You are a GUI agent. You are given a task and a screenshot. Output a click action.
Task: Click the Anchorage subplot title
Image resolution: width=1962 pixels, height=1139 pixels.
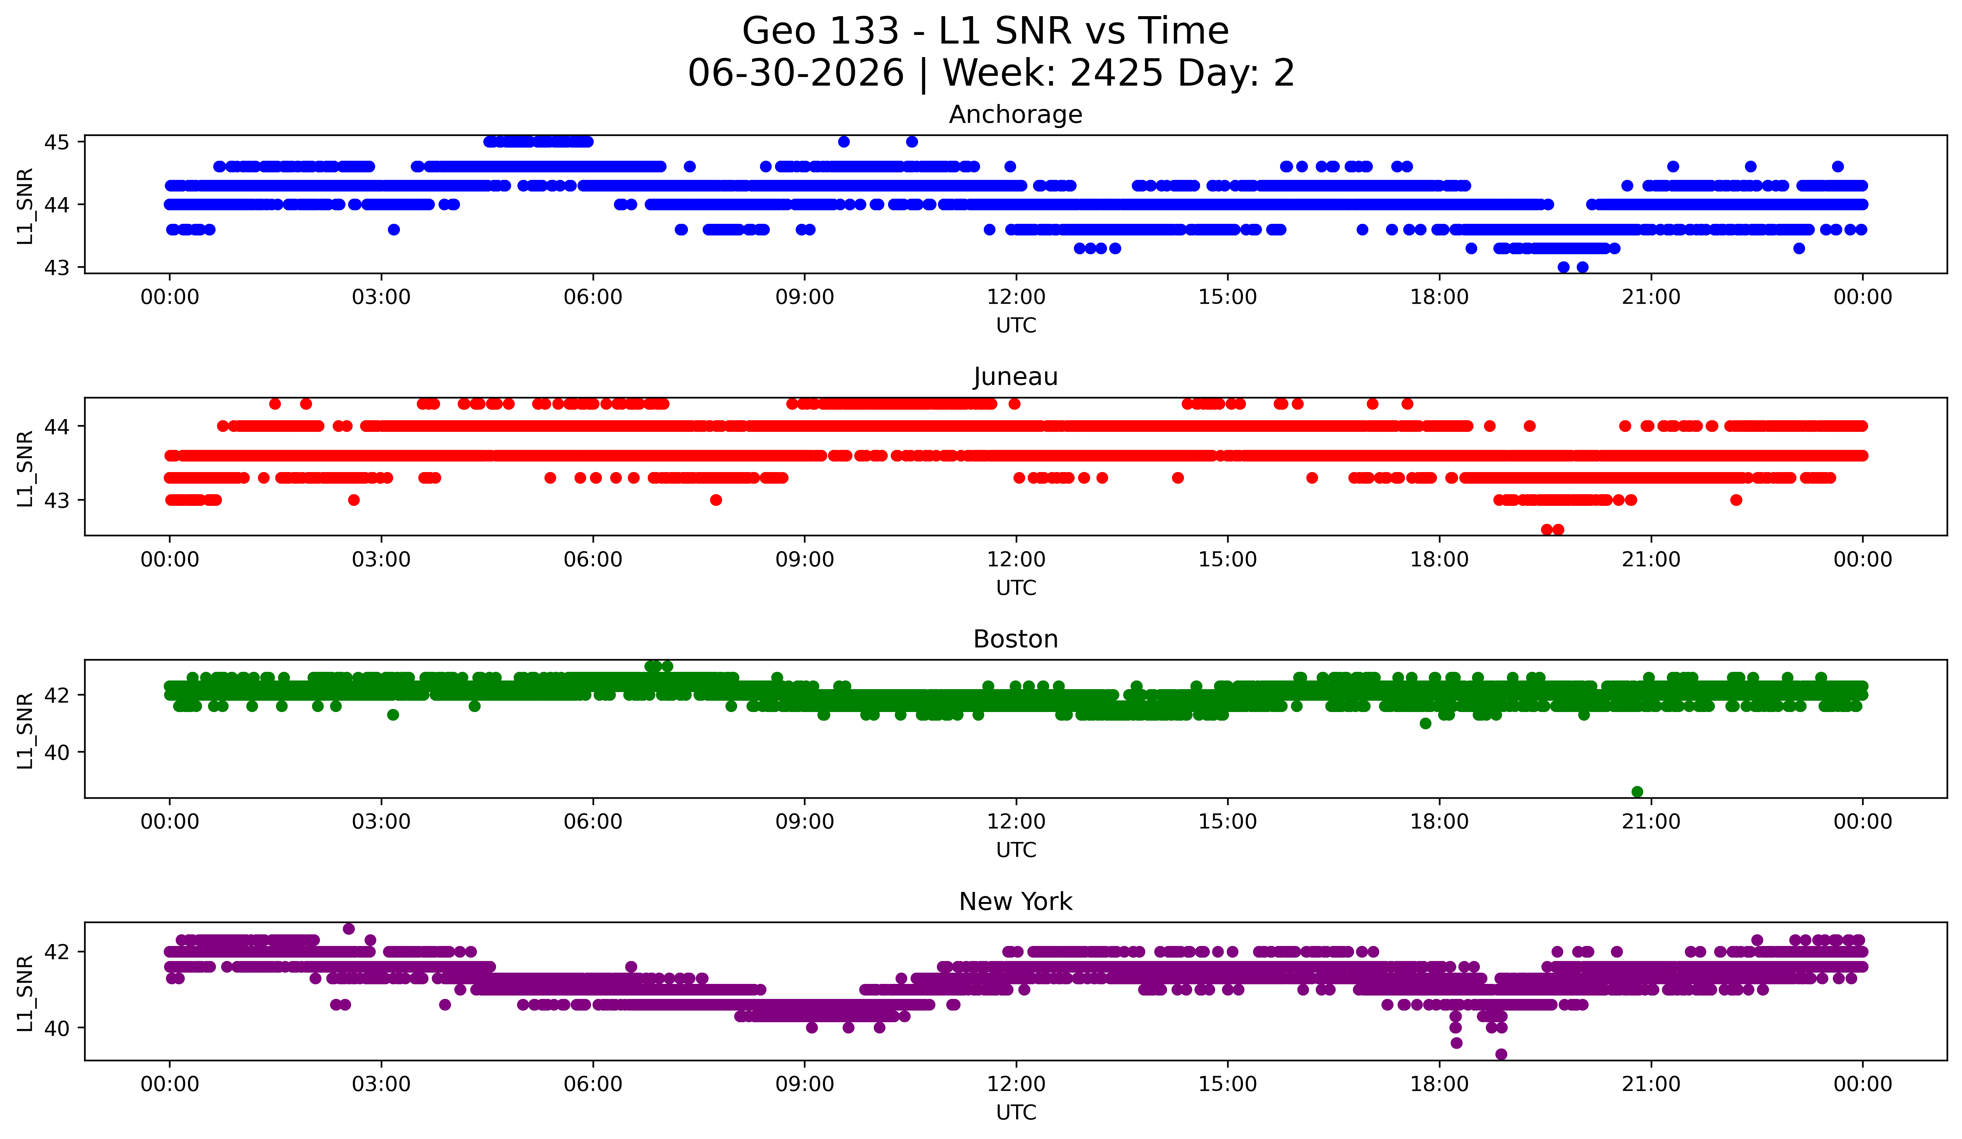tap(1015, 115)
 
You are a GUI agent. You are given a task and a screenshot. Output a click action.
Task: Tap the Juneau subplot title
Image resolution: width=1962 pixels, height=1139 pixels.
tap(1015, 377)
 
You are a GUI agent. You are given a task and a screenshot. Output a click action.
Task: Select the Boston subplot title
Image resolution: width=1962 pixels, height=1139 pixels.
tap(1015, 639)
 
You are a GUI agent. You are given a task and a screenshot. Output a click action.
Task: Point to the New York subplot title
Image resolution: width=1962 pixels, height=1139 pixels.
tap(1015, 902)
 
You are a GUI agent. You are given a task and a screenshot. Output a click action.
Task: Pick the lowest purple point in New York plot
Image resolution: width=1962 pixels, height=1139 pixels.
tap(1501, 1054)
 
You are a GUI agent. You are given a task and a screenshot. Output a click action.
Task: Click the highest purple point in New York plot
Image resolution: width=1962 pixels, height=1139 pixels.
tap(349, 929)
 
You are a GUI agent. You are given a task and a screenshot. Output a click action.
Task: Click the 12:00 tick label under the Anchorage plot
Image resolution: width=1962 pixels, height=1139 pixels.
tap(1016, 297)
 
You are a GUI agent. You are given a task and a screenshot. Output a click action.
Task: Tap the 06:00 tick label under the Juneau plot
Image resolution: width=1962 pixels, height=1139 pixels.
tap(593, 560)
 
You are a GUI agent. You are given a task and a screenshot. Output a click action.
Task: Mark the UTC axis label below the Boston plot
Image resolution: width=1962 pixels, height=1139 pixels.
tap(1016, 850)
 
